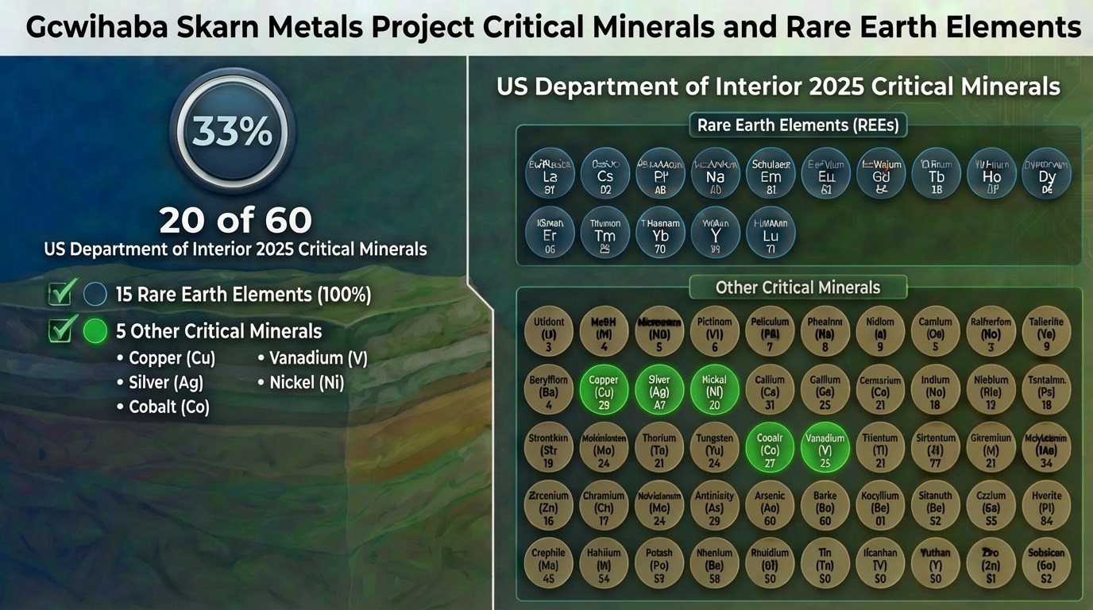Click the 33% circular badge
[233, 132]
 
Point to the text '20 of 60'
[235, 220]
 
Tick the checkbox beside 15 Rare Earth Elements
[61, 294]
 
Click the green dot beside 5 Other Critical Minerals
[95, 330]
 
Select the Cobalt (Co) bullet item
[168, 407]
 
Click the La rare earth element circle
[550, 172]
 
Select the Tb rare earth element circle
[937, 172]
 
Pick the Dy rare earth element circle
[1046, 172]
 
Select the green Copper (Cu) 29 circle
[604, 389]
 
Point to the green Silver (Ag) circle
[659, 389]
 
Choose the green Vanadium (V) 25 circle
[825, 447]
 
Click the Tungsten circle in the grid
[715, 447]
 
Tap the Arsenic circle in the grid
[770, 505]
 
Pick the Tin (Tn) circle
[825, 562]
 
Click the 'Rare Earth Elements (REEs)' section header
[798, 125]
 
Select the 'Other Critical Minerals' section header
[798, 288]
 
